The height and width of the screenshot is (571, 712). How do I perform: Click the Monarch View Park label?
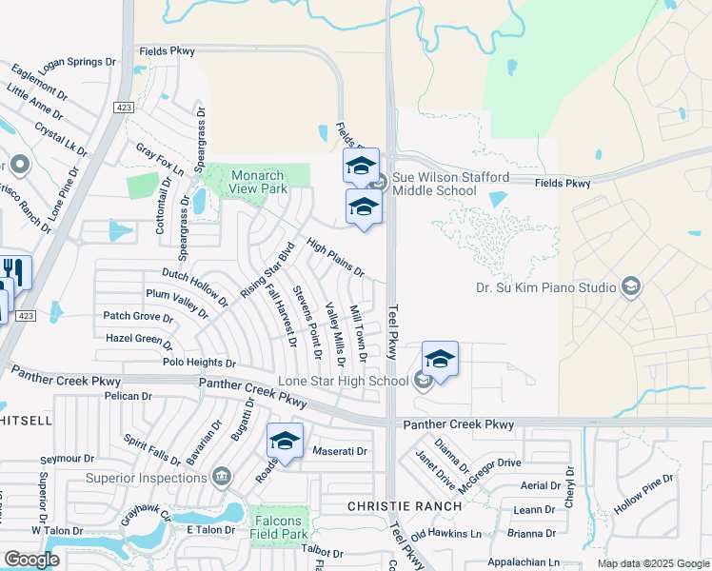click(257, 182)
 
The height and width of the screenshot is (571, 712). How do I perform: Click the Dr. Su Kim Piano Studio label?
click(547, 286)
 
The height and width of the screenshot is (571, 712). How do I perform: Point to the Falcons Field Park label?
click(278, 527)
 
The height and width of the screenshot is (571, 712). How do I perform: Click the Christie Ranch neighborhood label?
click(404, 506)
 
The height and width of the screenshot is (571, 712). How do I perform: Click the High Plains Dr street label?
click(336, 257)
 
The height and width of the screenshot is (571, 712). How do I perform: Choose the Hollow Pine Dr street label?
click(643, 495)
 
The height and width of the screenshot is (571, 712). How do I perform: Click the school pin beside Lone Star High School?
click(440, 360)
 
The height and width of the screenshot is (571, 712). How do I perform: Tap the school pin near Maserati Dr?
click(285, 442)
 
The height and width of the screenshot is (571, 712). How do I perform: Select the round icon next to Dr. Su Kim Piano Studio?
click(630, 286)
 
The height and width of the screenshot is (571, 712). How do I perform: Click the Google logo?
click(32, 560)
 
